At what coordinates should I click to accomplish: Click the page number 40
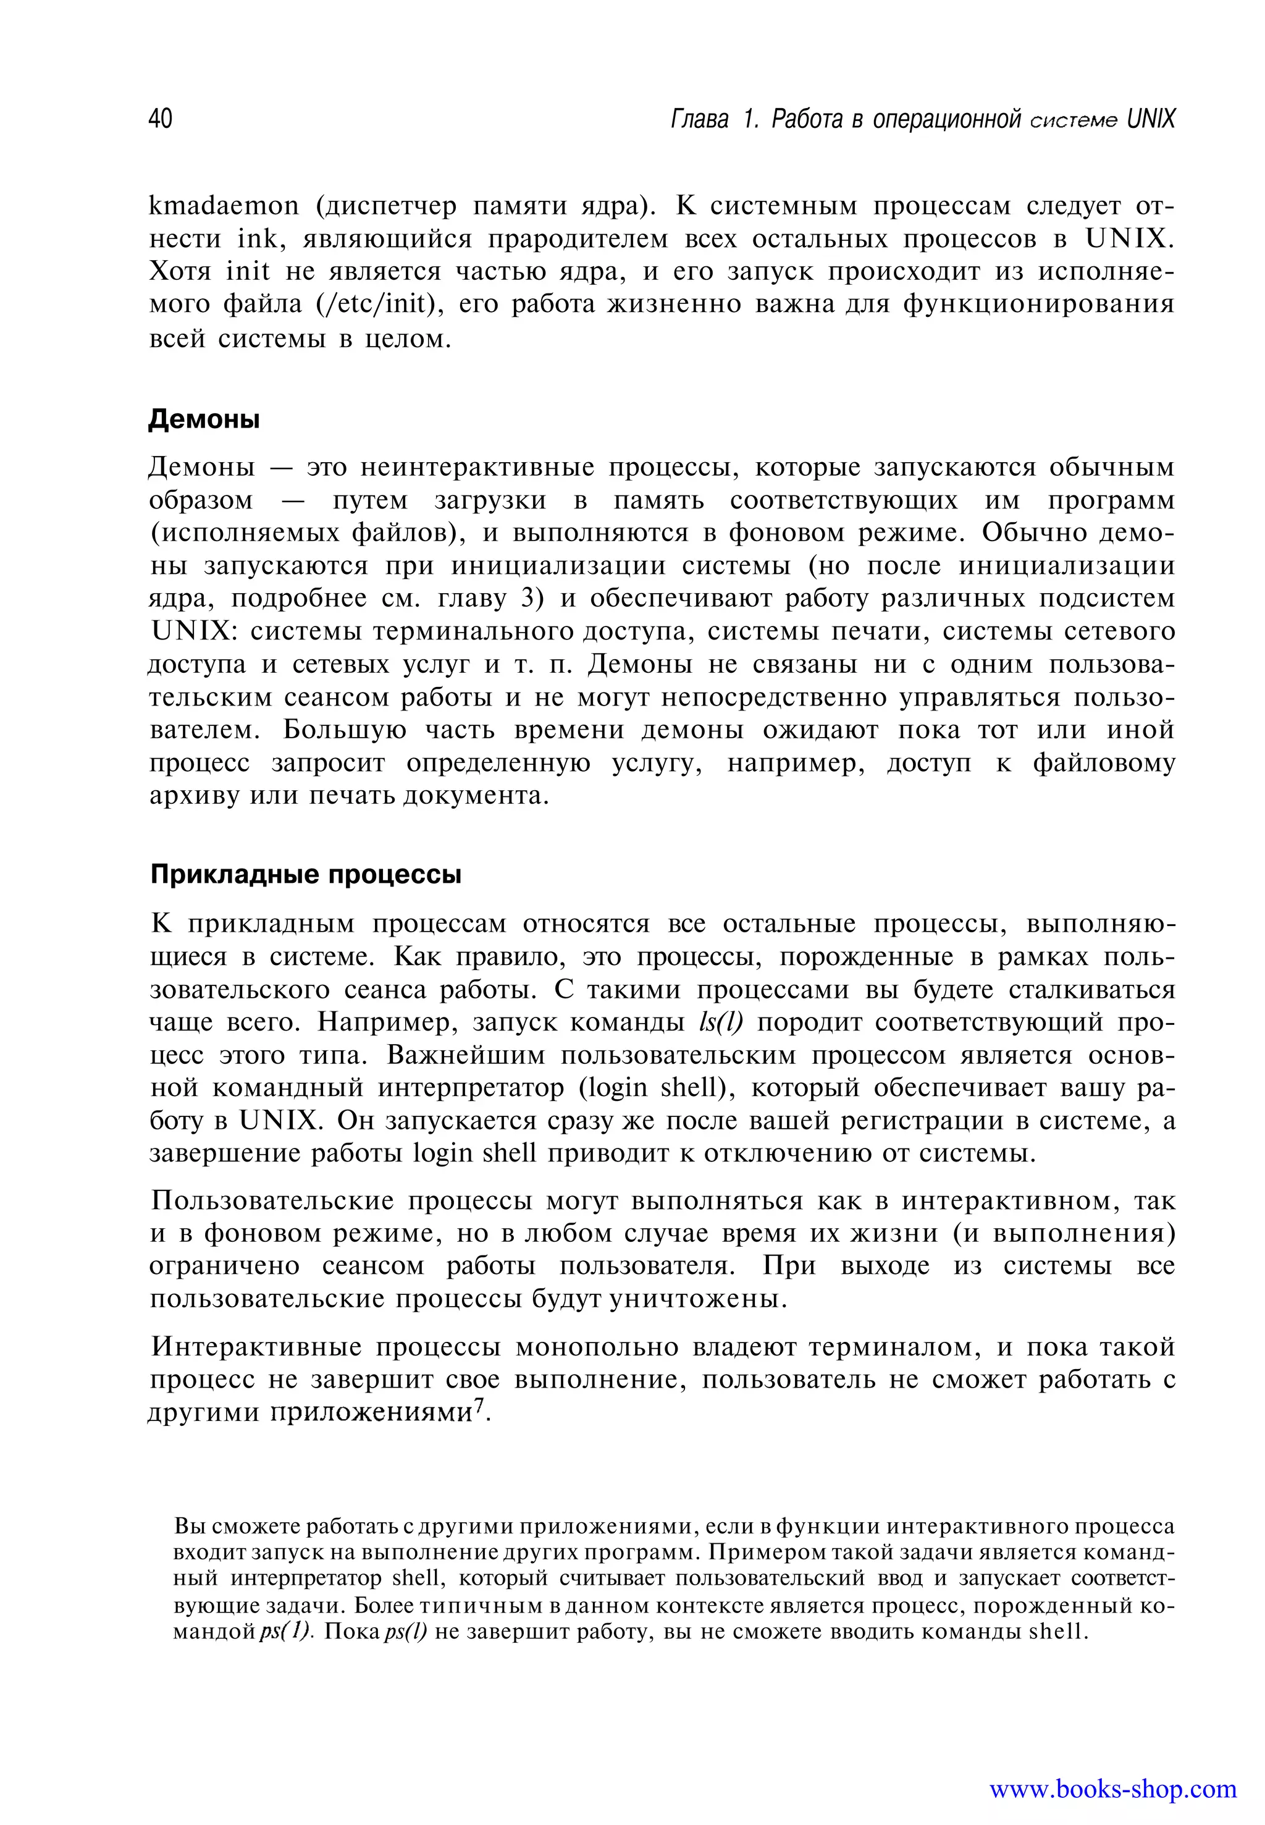160,119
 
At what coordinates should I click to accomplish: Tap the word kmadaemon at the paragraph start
224,206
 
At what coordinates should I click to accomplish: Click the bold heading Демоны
204,419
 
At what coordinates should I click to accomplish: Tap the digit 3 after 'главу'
529,599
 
